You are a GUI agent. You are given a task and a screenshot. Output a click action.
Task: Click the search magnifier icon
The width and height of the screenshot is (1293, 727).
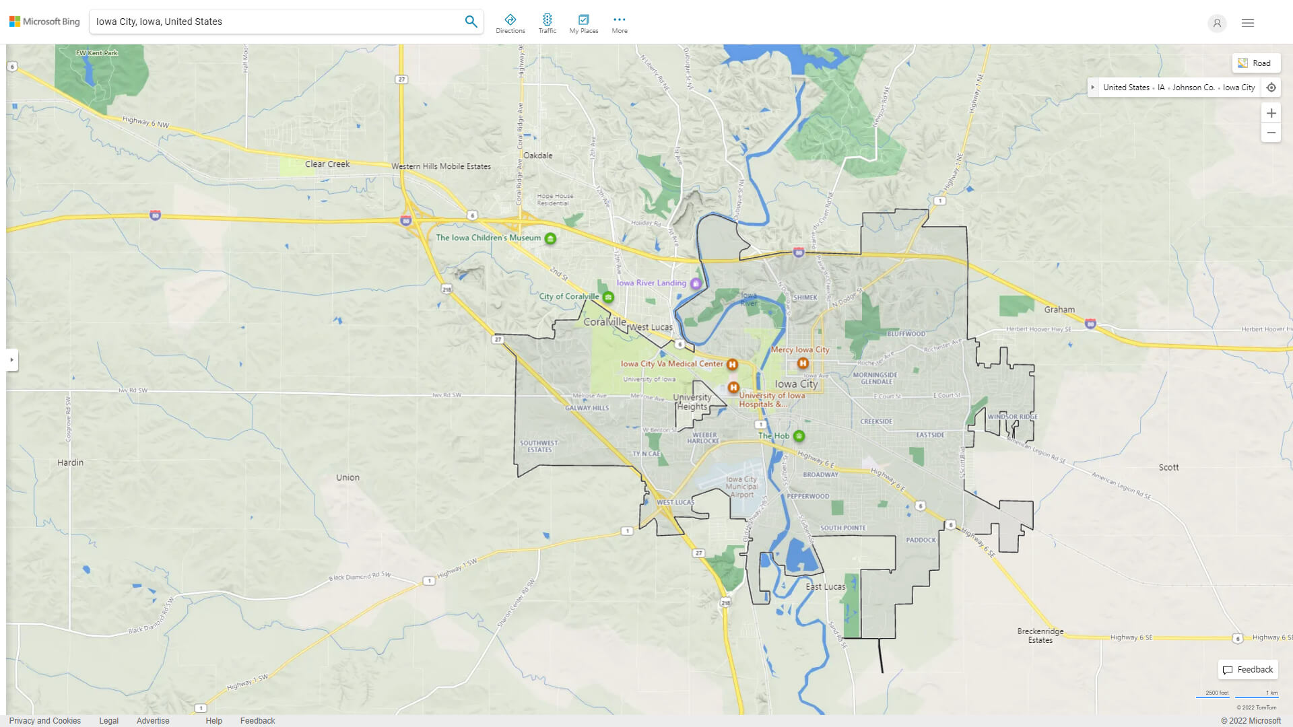click(x=471, y=22)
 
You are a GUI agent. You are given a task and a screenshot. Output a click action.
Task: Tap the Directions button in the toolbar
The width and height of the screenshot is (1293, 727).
click(x=510, y=24)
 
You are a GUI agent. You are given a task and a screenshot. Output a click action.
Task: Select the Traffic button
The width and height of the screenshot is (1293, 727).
click(x=547, y=24)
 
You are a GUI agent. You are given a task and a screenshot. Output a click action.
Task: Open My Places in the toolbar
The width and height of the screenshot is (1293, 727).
click(x=583, y=24)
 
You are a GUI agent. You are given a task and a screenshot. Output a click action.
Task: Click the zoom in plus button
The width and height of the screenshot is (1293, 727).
click(x=1271, y=113)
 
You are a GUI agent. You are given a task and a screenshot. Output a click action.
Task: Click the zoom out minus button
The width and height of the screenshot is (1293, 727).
click(x=1271, y=133)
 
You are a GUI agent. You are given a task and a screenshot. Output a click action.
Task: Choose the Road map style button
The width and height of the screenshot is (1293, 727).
click(x=1256, y=63)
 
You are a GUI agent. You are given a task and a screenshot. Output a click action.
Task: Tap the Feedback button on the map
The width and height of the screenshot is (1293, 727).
click(x=1248, y=670)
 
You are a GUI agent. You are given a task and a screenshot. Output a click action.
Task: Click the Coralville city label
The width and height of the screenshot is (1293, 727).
click(x=604, y=322)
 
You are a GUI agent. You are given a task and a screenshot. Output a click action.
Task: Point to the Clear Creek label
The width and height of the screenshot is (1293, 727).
click(x=327, y=164)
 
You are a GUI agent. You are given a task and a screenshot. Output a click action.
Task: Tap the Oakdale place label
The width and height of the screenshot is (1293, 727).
click(x=538, y=155)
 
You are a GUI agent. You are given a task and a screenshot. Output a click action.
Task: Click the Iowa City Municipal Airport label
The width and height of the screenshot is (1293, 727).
click(x=741, y=487)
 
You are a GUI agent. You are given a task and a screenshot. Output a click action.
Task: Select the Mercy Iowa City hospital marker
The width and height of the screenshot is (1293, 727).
click(x=803, y=363)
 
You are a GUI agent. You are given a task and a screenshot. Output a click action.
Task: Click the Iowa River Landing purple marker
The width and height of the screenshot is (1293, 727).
click(x=696, y=283)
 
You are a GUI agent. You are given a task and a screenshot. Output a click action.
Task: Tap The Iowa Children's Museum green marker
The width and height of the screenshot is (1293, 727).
click(x=550, y=238)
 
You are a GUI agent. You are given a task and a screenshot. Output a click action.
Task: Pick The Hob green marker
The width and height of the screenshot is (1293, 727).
click(x=799, y=436)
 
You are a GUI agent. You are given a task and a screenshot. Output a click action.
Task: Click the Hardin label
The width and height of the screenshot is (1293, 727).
click(x=71, y=463)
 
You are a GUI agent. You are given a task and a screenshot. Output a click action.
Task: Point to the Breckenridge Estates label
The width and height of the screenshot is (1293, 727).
click(x=1040, y=635)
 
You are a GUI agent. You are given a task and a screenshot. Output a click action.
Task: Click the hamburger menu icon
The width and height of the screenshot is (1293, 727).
click(x=1248, y=23)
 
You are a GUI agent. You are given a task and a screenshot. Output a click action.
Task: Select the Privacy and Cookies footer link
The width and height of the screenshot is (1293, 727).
click(x=45, y=721)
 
